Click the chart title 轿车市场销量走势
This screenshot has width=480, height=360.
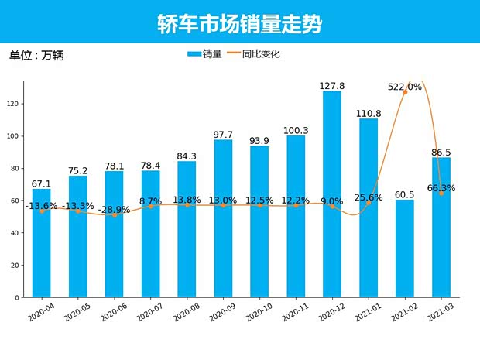tap(239, 23)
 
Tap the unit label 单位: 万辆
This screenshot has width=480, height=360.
tap(37, 56)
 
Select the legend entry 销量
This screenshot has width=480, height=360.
tap(204, 54)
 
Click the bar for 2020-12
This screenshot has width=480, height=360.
tap(332, 194)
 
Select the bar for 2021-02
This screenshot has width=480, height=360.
tap(405, 248)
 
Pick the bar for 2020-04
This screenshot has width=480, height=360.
tap(42, 242)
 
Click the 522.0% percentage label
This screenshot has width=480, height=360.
tap(405, 87)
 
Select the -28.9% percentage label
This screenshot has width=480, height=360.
tap(115, 210)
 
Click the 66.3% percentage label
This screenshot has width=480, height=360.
tap(441, 188)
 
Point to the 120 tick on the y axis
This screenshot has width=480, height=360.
tap(15, 104)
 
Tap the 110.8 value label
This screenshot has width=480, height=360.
tap(369, 113)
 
